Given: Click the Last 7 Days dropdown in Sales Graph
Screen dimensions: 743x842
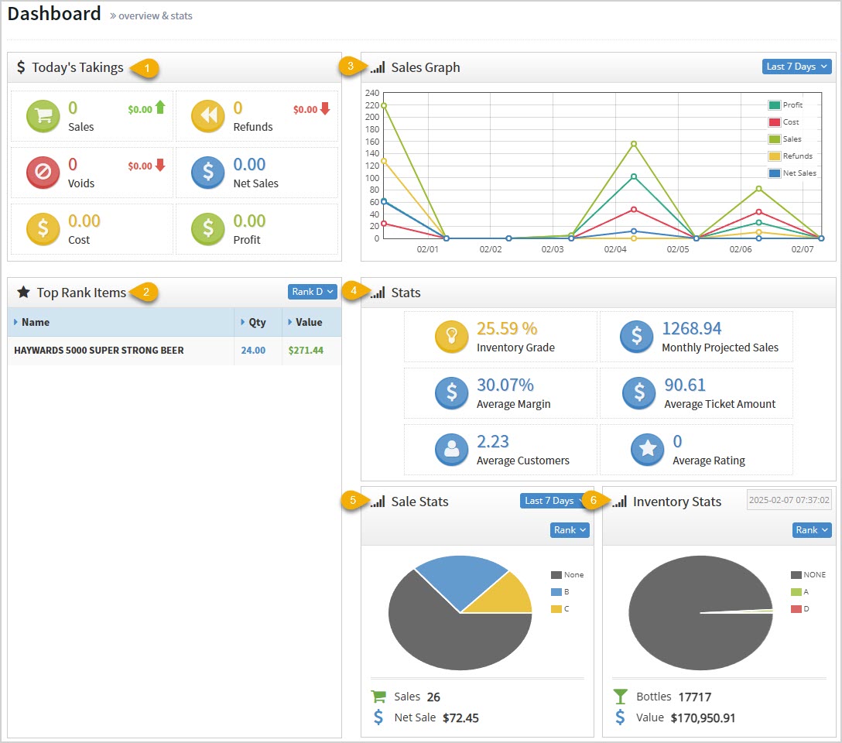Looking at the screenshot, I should pos(796,67).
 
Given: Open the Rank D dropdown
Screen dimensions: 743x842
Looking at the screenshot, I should pos(312,292).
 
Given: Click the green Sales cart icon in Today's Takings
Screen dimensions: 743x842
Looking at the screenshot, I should pos(43,116).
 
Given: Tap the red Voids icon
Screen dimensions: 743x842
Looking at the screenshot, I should pos(43,173).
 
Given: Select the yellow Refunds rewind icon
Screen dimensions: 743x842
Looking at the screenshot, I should pos(208,116).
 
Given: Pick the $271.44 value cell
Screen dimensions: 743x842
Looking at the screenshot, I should pos(306,351).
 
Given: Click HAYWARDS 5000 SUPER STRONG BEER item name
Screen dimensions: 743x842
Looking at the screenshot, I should pos(99,351).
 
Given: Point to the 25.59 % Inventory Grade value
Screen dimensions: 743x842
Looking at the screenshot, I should pos(507,328).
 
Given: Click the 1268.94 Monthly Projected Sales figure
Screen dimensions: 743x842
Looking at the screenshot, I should pos(691,328).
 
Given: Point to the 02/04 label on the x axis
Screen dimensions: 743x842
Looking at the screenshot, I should pos(614,250).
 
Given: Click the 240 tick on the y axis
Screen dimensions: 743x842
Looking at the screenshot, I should pos(371,93).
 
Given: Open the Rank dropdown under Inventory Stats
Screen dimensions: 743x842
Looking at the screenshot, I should pos(812,530).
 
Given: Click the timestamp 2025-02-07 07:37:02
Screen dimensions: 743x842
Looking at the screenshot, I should pos(789,501).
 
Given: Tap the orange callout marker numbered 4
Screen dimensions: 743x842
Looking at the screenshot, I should pos(353,292).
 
